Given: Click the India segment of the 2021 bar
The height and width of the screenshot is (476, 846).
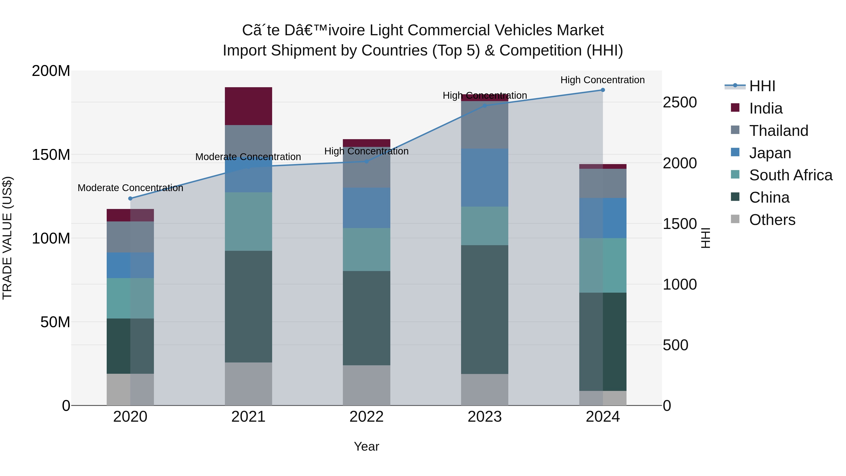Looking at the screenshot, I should click(248, 106).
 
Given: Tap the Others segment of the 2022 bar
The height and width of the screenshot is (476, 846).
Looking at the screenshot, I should click(367, 385).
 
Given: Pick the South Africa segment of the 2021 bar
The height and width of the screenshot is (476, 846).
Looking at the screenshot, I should click(248, 221).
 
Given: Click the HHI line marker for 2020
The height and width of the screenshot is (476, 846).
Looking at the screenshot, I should click(130, 198).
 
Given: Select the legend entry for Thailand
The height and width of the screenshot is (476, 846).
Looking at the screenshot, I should click(778, 130).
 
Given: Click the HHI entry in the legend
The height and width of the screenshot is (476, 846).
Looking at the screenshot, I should click(762, 86).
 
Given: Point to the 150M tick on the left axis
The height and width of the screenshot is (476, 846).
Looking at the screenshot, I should click(51, 155).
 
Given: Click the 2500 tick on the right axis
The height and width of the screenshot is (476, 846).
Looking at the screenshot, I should click(679, 102).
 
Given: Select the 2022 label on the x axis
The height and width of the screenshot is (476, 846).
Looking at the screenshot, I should click(367, 417).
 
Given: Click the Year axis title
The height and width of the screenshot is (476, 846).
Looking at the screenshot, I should click(367, 446).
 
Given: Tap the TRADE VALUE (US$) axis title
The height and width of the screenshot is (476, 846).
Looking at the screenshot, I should click(7, 238).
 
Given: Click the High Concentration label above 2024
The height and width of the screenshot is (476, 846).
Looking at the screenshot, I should click(602, 80).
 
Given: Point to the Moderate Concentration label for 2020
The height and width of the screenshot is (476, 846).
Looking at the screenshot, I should click(130, 188).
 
